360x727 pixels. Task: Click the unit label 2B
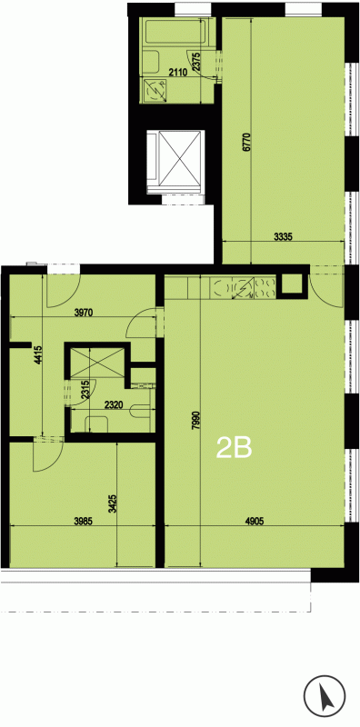[235, 448]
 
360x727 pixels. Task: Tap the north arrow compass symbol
[325, 694]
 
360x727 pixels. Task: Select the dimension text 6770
[246, 143]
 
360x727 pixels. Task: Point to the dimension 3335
[283, 236]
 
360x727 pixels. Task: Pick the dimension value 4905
[255, 521]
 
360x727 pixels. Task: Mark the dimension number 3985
[84, 521]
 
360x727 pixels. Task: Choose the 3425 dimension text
[112, 504]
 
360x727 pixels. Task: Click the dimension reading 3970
[84, 313]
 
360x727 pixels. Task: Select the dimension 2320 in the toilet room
[114, 404]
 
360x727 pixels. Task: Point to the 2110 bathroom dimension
[177, 72]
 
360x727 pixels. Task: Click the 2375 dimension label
[196, 62]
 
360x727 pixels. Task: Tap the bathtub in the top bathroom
[176, 32]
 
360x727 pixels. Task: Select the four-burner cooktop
[264, 287]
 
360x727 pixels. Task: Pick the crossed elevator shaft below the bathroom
[175, 162]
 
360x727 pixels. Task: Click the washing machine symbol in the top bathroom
[155, 89]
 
